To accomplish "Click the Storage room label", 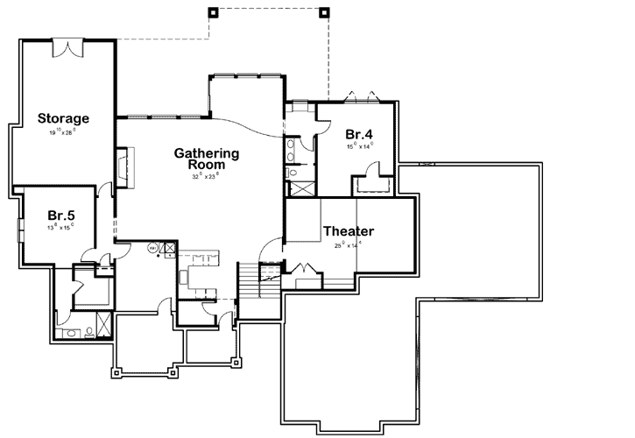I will click(63, 117).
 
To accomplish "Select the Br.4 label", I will click(359, 134).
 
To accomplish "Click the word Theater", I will click(349, 231).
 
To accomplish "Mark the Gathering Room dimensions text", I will click(207, 176).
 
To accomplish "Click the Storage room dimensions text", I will click(63, 132).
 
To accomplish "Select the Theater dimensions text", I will click(349, 246).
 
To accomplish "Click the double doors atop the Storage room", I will click(67, 48).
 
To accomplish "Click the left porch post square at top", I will click(212, 12).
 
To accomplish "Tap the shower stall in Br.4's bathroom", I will click(300, 185).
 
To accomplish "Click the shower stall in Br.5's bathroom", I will click(104, 325).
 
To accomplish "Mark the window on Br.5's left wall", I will click(22, 232).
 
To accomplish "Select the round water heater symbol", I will click(152, 248).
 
